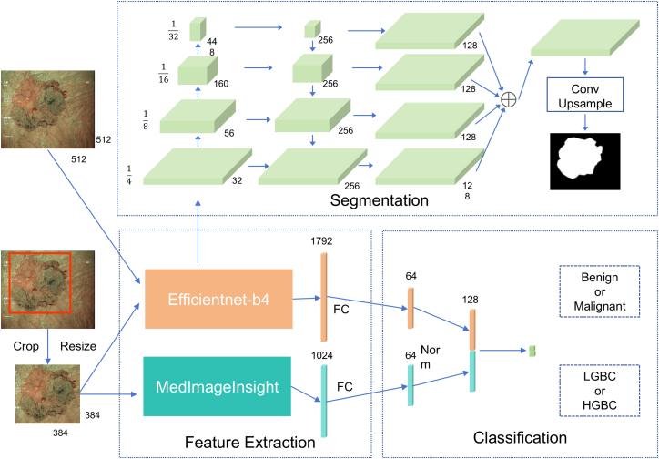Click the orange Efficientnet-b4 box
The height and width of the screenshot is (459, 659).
coord(218,299)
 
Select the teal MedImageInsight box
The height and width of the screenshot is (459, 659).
coord(218,386)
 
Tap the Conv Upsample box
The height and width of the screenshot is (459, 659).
coord(584,97)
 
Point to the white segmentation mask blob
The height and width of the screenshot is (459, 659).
coord(581,158)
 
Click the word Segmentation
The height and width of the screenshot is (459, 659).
coord(379,200)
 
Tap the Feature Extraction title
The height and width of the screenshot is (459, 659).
coord(250,442)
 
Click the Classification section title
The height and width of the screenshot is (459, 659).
coord(520,437)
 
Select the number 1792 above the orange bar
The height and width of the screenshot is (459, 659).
coord(323,242)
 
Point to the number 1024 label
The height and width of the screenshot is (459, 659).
coord(322,355)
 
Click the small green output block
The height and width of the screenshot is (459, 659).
coord(532,350)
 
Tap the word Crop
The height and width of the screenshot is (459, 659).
coord(27,346)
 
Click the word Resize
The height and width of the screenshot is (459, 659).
coord(78,346)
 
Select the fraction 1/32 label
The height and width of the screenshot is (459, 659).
coord(174,31)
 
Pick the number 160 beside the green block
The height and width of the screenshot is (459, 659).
coord(220,84)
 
